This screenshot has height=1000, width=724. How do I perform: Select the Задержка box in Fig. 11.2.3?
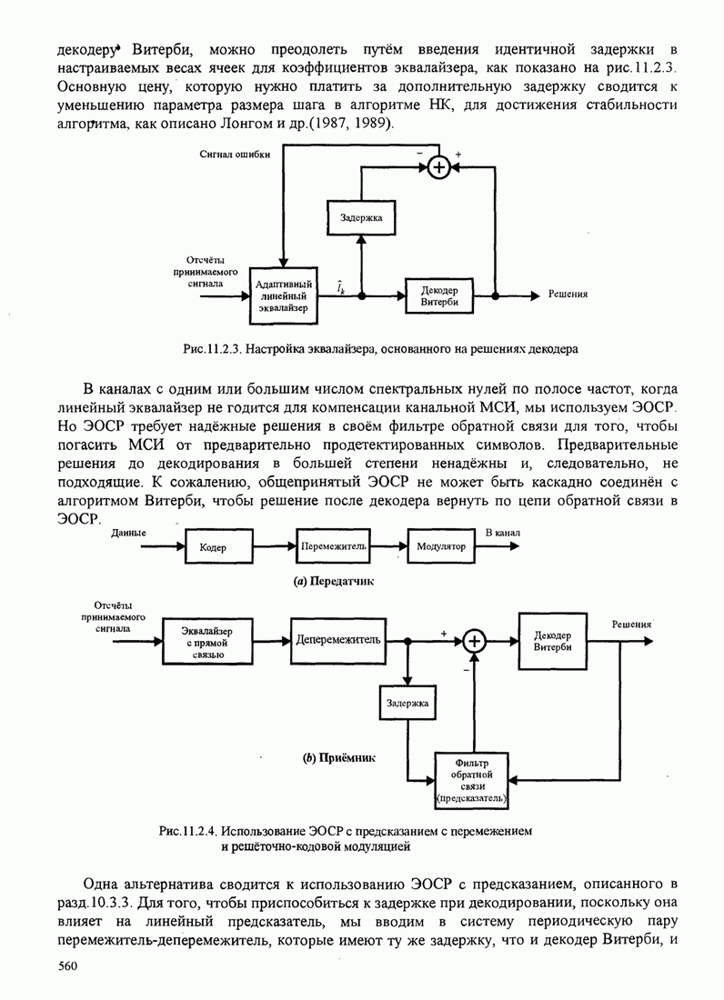361,218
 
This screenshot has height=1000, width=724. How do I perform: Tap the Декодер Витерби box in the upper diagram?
439,295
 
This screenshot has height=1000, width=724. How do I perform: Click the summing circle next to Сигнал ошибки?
439,167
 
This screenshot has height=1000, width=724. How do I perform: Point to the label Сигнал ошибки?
235,155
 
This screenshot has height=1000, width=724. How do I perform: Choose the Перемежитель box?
333,546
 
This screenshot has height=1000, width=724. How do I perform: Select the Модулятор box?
441,546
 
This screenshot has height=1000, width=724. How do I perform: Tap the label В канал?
502,533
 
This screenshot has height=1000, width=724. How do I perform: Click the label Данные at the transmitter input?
129,533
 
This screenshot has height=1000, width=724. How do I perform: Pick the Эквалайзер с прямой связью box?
206,642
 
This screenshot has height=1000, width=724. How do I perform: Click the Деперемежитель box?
337,639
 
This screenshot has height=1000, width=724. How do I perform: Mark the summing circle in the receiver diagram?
473,642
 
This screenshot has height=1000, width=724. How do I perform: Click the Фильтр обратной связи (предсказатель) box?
471,780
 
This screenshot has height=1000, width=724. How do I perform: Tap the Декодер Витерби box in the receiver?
553,640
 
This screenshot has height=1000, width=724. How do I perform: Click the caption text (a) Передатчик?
341,579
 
